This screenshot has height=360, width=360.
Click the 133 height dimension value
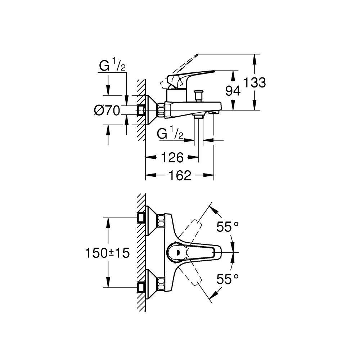click(x=255, y=83)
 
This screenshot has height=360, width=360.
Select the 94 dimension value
click(x=233, y=91)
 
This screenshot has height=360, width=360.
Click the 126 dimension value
click(x=172, y=157)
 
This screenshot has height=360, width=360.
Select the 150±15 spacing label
click(x=107, y=253)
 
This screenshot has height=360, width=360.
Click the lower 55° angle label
click(x=228, y=278)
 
